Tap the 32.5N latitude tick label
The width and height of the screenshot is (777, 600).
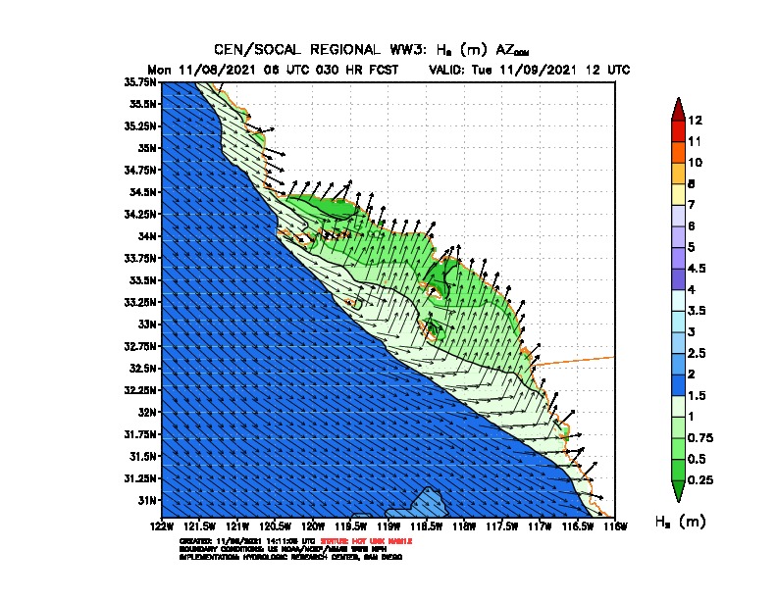point(142,369)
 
